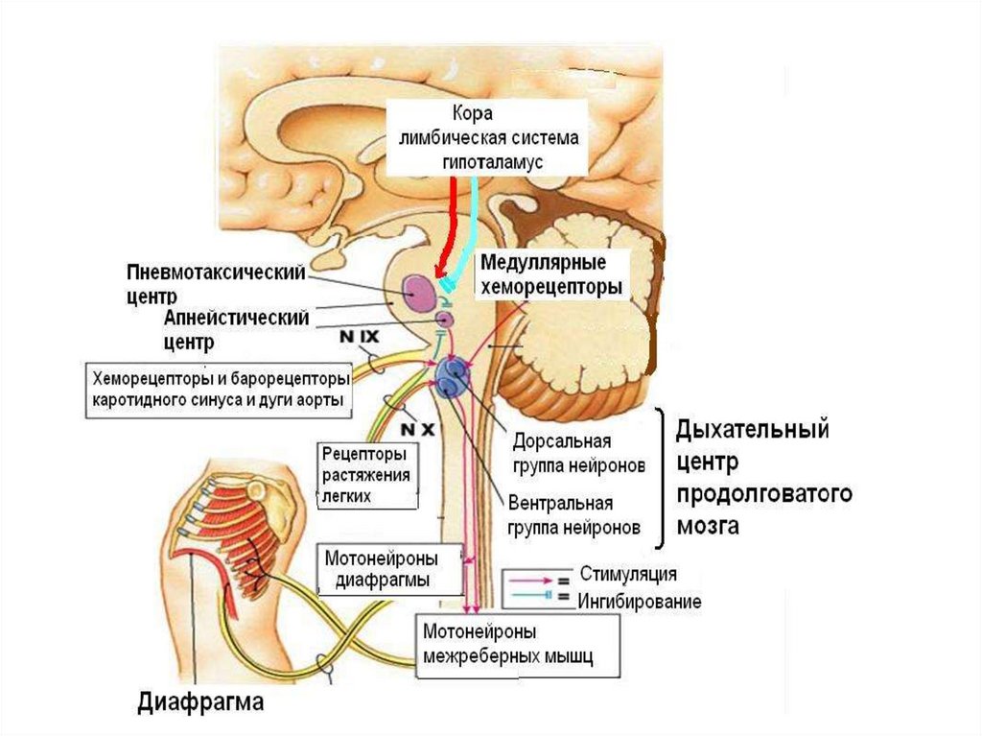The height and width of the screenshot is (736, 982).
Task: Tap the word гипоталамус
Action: click(493, 162)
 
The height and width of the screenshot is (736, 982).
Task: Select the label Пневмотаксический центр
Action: click(215, 282)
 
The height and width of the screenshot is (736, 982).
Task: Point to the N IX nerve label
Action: click(360, 338)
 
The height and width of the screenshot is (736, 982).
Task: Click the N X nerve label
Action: click(417, 428)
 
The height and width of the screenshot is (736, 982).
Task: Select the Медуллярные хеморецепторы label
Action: click(551, 273)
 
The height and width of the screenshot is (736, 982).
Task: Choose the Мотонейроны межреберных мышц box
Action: click(505, 645)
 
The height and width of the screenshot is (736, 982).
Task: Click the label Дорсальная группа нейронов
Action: click(573, 453)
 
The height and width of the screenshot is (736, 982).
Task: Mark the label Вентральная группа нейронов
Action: click(573, 515)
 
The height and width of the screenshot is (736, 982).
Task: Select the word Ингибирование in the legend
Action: click(639, 602)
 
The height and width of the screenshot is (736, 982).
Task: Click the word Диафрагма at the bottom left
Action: click(200, 701)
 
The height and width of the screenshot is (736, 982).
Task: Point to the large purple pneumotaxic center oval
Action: click(420, 292)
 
